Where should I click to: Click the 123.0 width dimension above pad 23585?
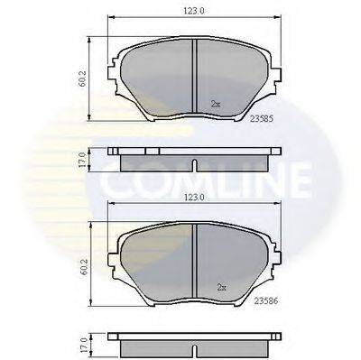(195, 11)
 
